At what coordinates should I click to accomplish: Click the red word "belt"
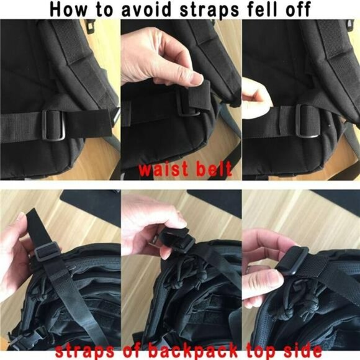coord(213,168)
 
